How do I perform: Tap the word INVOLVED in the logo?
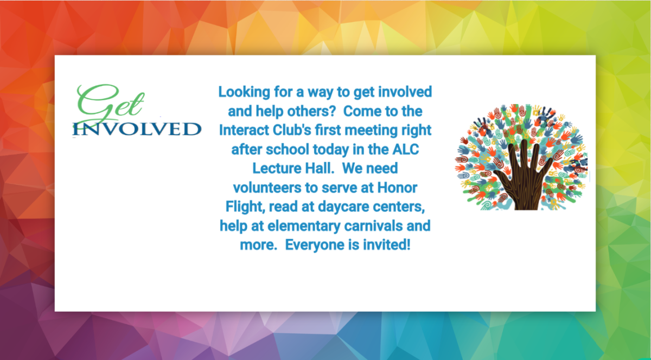pyautogui.click(x=137, y=129)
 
